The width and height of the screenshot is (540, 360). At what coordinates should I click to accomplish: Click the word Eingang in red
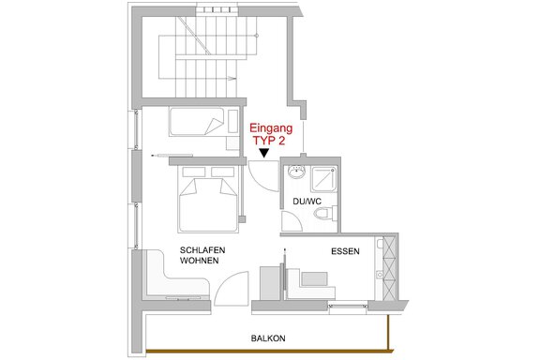point(271,128)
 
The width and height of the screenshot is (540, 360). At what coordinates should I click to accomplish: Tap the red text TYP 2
point(269,141)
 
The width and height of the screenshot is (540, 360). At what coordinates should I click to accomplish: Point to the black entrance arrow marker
point(264,153)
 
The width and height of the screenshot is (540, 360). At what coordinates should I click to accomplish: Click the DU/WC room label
point(307,202)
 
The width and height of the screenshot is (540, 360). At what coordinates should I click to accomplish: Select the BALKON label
point(268,338)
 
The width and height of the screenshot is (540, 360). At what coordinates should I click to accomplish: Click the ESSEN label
point(345,251)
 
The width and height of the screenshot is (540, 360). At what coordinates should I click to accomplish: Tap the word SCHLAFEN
point(202,249)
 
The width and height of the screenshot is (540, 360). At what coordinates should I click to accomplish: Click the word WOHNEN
point(199,261)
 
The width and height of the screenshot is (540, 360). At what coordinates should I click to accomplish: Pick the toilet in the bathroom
point(326,213)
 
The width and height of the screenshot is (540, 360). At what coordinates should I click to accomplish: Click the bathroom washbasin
point(296,172)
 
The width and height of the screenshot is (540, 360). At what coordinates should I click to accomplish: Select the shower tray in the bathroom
point(323,179)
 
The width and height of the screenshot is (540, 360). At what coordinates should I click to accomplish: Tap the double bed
point(208,199)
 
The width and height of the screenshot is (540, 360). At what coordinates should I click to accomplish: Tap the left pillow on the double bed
point(194,172)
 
